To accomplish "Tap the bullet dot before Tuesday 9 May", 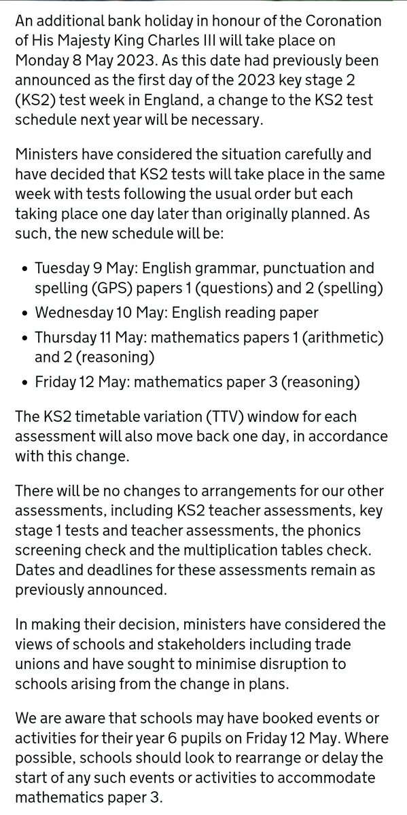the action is pyautogui.click(x=25, y=270).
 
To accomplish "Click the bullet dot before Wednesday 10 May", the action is pyautogui.click(x=25, y=314).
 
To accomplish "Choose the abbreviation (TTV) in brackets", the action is pyautogui.click(x=208, y=415).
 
